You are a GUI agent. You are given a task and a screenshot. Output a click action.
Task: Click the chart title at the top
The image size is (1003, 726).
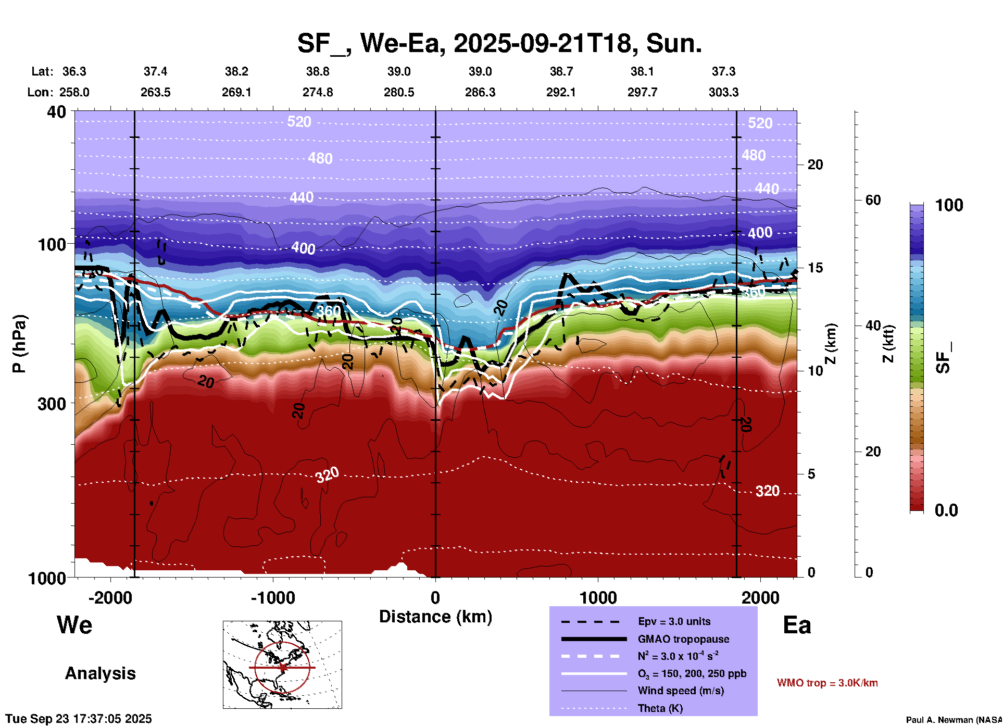coord(499,43)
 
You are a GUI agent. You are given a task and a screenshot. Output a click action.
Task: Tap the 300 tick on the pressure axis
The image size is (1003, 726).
coord(52,404)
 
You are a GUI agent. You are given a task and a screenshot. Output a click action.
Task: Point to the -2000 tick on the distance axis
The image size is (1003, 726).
coord(110,597)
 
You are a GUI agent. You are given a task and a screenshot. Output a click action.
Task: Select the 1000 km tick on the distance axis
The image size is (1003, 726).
coord(598,597)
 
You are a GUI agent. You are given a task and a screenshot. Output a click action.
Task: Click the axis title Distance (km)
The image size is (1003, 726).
coord(435,617)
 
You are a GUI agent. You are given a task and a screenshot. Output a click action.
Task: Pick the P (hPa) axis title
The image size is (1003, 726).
coord(19,344)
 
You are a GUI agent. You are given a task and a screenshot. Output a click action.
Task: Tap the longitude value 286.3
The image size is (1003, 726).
coord(480,92)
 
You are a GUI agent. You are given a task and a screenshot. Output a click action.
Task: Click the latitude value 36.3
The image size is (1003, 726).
coord(74,71)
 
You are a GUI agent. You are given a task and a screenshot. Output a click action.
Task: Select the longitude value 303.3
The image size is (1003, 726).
coord(723,92)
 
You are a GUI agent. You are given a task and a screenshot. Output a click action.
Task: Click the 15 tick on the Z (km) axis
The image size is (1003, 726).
coord(815,268)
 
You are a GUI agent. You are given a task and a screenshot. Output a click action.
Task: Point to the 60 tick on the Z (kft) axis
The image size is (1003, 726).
coord(873,200)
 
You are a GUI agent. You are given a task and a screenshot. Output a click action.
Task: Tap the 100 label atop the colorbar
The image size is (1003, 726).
coord(949,205)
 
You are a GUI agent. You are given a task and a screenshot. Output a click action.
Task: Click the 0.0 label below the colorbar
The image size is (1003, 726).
coord(946,510)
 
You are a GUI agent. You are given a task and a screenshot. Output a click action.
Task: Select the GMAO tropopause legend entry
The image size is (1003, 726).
coord(683,639)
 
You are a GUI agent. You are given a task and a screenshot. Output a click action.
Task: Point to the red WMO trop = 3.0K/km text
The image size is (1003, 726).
coord(827,683)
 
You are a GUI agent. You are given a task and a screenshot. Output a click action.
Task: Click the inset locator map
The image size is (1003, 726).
coord(282,664)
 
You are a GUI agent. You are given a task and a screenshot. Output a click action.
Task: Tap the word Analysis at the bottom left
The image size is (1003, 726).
coord(100,673)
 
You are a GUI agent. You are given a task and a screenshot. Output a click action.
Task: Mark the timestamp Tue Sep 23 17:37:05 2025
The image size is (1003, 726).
coord(79,719)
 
